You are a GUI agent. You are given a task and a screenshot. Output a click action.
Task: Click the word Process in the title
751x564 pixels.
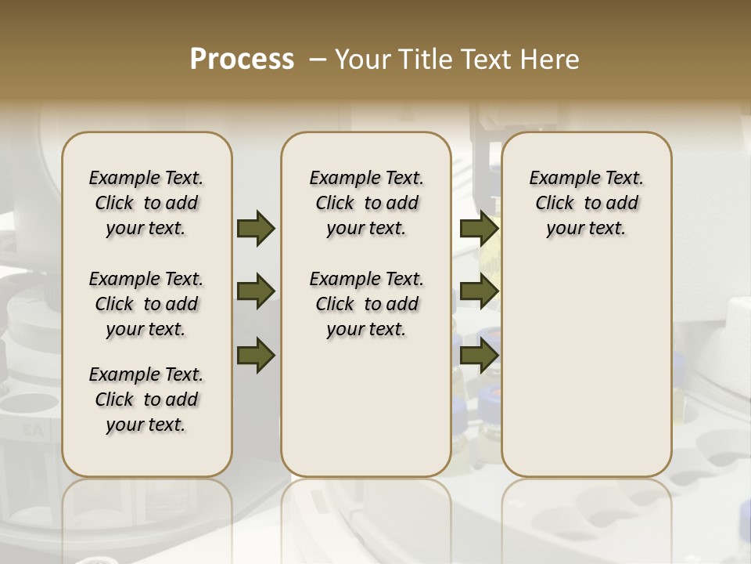pyautogui.click(x=242, y=60)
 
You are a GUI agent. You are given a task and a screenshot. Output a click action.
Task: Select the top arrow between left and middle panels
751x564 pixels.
pyautogui.click(x=256, y=228)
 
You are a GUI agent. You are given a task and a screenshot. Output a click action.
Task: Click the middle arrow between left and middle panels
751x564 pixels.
pyautogui.click(x=256, y=292)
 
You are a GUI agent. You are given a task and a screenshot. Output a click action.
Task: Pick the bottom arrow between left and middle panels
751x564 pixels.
pyautogui.click(x=256, y=356)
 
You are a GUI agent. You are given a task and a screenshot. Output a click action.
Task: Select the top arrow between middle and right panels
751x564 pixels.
pyautogui.click(x=479, y=228)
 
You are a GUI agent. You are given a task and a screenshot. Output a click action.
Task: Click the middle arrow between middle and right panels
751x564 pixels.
pyautogui.click(x=479, y=292)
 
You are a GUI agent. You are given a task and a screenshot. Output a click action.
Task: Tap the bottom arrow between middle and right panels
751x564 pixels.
pyautogui.click(x=479, y=356)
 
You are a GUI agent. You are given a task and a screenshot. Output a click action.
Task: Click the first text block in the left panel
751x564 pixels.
pyautogui.click(x=146, y=203)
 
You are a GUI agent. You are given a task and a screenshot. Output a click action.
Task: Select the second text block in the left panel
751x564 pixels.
pyautogui.click(x=146, y=304)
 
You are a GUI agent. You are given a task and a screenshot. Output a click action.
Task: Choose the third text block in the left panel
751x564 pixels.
pyautogui.click(x=146, y=399)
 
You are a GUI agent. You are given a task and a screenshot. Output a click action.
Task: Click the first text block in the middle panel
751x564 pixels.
pyautogui.click(x=366, y=203)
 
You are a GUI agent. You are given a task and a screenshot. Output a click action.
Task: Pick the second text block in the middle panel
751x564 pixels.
pyautogui.click(x=366, y=304)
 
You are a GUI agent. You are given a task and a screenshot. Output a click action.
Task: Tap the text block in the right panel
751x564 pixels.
pyautogui.click(x=587, y=203)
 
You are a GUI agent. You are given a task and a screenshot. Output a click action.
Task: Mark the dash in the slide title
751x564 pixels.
pyautogui.click(x=318, y=60)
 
